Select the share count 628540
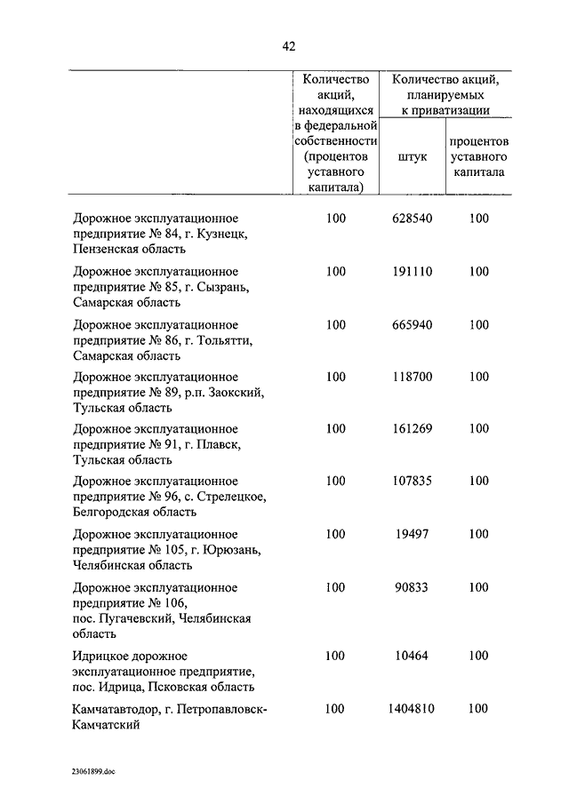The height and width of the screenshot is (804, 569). [412, 219]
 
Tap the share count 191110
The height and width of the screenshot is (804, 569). [412, 271]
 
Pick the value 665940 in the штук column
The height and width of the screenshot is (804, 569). [412, 324]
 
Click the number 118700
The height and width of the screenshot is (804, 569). [412, 377]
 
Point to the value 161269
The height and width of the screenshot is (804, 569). [412, 429]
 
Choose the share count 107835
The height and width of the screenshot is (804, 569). [412, 482]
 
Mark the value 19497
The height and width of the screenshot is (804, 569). [412, 534]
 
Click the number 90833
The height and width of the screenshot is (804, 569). [412, 587]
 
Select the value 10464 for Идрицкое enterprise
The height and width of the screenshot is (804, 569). [412, 656]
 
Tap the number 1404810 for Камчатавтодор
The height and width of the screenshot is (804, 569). [412, 709]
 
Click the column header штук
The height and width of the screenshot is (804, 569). [412, 156]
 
